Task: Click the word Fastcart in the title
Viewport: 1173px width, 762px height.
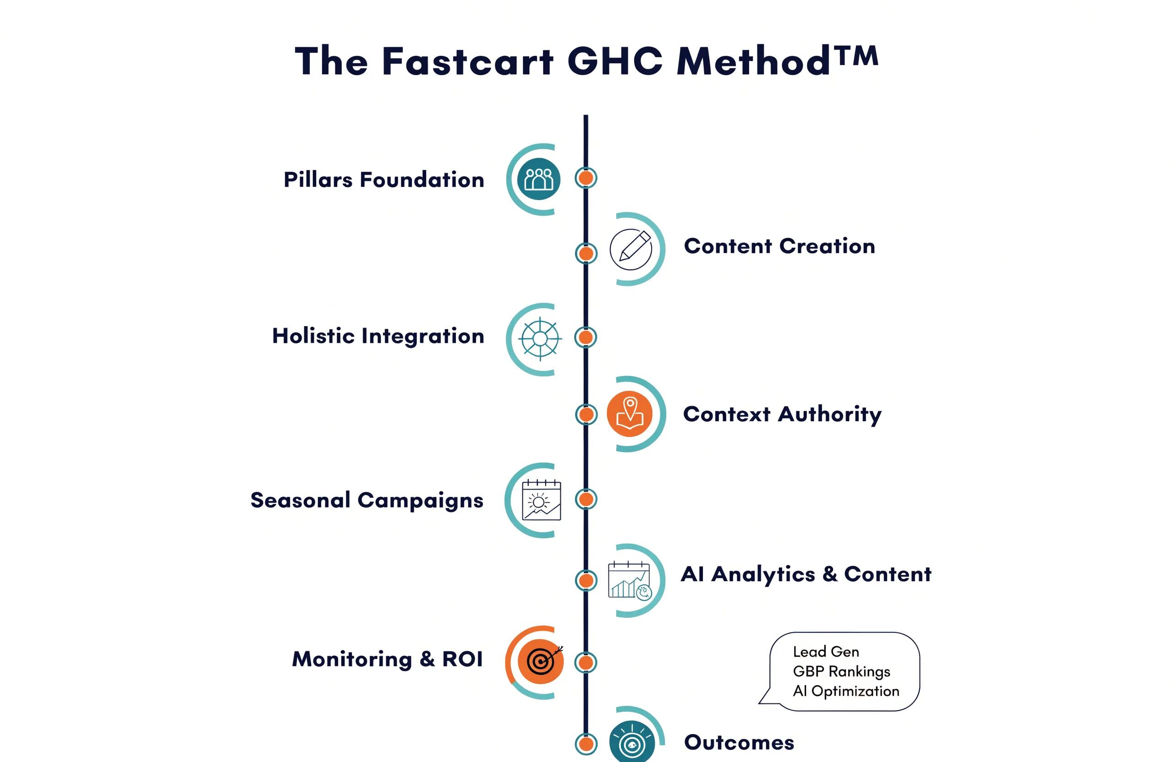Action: point(468,61)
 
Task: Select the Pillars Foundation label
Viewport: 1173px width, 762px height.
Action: point(384,180)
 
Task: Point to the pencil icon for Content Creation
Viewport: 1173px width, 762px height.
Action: point(631,249)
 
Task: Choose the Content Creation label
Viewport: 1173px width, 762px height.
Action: point(780,246)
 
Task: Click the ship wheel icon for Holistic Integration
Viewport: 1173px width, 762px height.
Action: point(540,339)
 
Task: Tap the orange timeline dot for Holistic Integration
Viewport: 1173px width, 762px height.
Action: point(586,337)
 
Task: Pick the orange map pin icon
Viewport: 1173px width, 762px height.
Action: point(630,414)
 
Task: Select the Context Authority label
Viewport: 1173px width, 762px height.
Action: point(782,414)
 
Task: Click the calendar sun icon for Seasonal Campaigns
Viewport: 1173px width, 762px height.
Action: point(541,500)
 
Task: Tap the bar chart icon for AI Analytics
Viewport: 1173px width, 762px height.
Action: point(630,581)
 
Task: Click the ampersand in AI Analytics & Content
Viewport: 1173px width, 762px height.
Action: point(830,574)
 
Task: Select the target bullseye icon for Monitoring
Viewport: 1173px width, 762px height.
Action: point(541,661)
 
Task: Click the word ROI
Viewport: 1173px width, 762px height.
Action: point(462,659)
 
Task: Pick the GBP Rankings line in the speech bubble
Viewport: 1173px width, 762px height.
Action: point(842,671)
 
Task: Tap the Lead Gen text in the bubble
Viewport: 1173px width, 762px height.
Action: point(826,652)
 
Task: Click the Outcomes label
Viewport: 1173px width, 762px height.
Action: point(739,742)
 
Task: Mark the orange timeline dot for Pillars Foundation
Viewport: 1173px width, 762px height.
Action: point(586,178)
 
